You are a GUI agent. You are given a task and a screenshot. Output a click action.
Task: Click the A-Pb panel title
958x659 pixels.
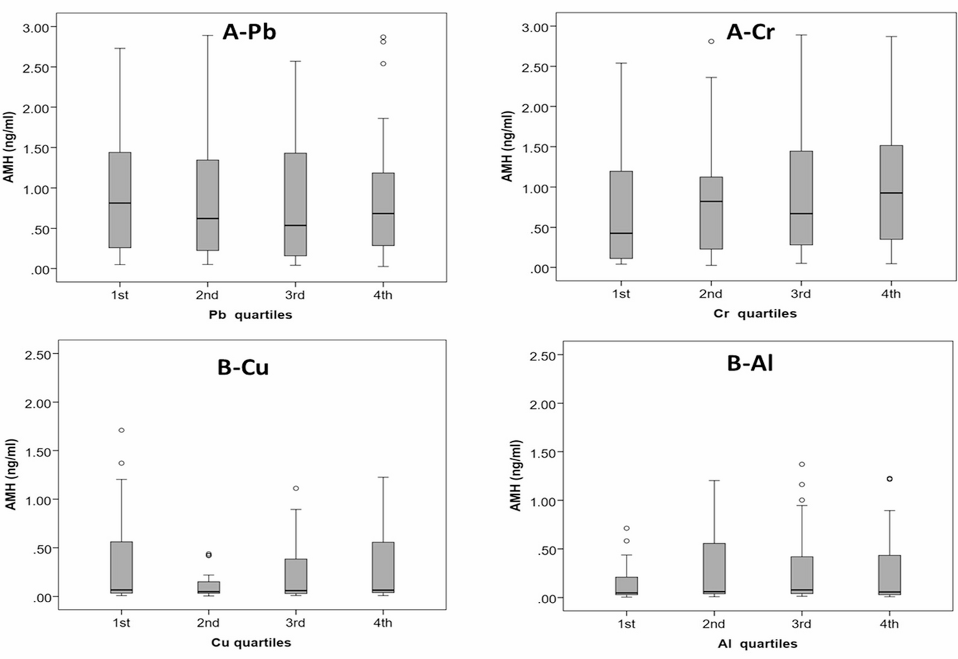tap(249, 32)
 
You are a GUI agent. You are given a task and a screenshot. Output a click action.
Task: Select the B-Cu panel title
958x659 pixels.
tap(243, 367)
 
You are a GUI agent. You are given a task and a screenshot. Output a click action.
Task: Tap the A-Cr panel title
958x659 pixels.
tap(750, 32)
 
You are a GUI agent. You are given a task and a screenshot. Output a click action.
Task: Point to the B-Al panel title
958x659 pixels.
tap(750, 363)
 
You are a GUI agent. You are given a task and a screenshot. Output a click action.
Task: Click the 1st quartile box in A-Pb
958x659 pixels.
tap(120, 200)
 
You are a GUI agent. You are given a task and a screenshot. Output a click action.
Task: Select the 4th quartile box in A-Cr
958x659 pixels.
tap(890, 192)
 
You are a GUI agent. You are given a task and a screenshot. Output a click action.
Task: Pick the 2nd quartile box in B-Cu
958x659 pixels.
tap(208, 587)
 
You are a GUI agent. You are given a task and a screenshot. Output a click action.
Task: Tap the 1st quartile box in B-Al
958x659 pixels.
tap(626, 586)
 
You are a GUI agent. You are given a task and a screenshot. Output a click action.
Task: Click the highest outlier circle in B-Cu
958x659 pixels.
tap(121, 430)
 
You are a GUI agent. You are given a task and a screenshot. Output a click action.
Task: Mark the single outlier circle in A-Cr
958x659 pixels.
tap(711, 41)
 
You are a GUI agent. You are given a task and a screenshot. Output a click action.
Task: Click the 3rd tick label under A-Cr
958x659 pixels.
tap(800, 294)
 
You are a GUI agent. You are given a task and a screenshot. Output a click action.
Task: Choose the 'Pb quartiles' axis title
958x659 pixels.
tap(250, 315)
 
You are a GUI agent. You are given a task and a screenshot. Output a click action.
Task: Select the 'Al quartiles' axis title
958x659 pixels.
tap(757, 644)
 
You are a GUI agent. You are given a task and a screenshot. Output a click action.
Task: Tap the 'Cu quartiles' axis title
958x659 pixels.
tap(251, 642)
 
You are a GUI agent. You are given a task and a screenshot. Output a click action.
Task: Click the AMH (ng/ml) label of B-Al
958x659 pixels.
tap(515, 476)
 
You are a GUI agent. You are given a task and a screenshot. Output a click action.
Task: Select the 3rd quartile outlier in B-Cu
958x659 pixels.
tap(295, 488)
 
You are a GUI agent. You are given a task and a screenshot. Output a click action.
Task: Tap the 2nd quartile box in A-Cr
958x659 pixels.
tap(711, 212)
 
